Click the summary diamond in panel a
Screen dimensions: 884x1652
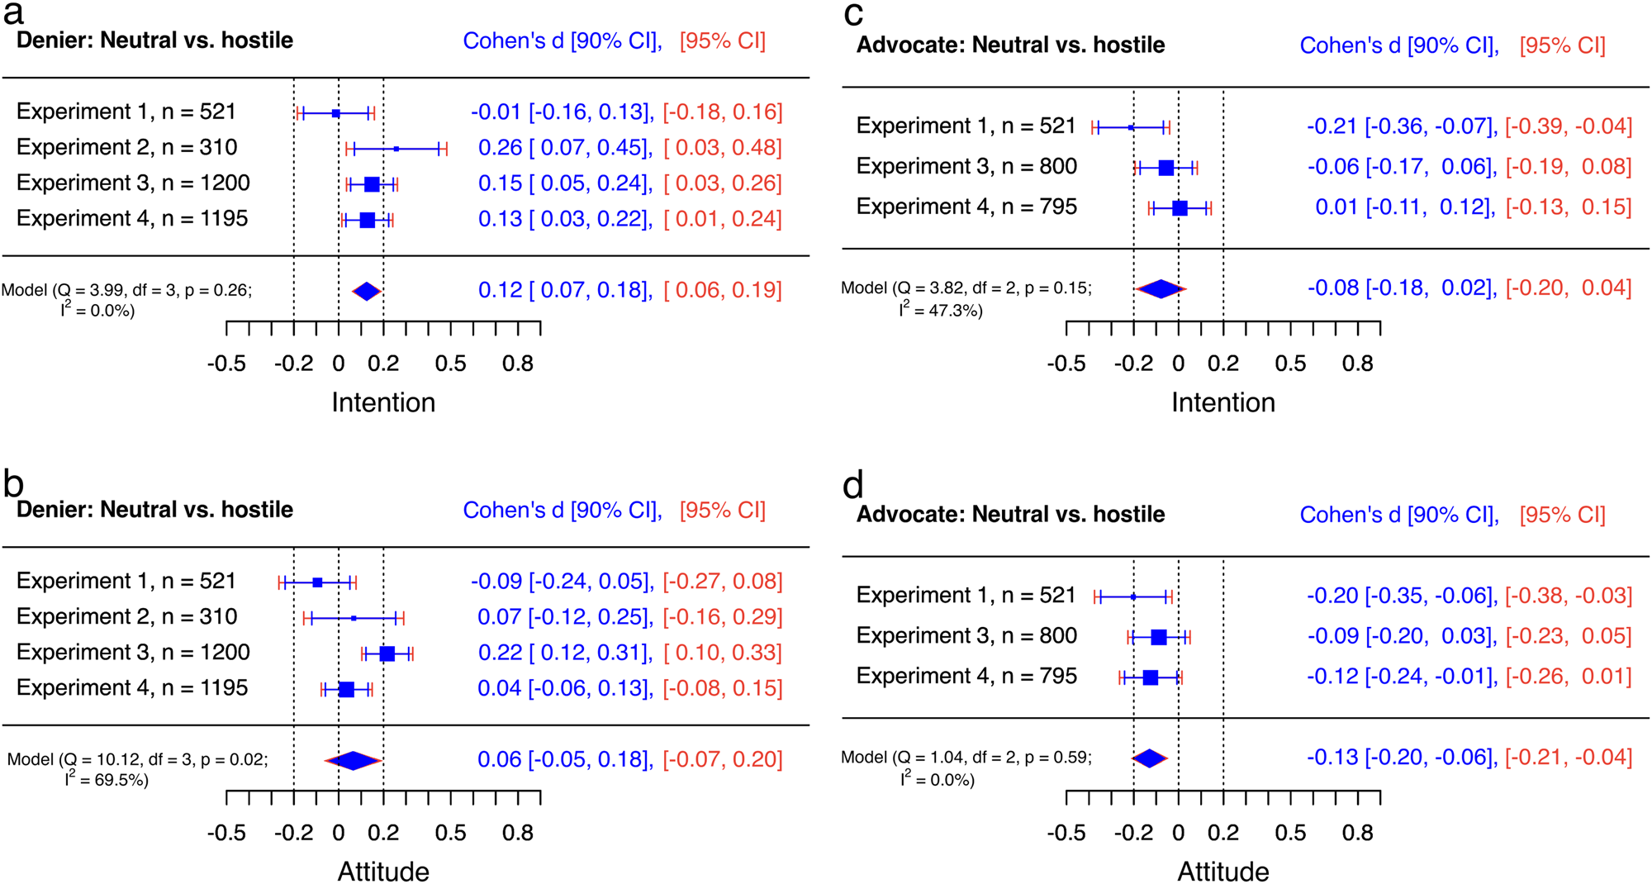[x=366, y=291]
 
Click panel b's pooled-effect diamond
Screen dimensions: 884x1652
[x=353, y=760]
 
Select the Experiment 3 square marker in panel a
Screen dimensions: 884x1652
[x=372, y=184]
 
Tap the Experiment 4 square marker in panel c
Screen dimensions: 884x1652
[x=1180, y=208]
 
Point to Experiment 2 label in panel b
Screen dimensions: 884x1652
[x=126, y=616]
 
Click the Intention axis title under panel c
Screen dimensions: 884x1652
[x=1222, y=402]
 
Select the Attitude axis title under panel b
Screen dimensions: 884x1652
[x=383, y=871]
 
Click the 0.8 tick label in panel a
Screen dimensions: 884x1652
[x=518, y=364]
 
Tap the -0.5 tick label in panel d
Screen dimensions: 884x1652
[x=1066, y=833]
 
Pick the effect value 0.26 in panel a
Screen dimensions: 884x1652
[x=500, y=148]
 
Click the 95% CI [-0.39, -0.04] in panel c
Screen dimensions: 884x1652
[x=1568, y=126]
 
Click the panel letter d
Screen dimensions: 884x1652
[x=852, y=485]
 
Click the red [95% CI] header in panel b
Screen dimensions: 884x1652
[x=722, y=511]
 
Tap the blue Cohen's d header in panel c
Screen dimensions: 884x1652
[x=1398, y=45]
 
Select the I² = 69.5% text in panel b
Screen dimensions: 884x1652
[x=107, y=780]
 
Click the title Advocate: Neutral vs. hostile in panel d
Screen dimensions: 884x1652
[x=1009, y=515]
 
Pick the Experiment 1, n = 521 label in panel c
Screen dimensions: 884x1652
[x=966, y=126]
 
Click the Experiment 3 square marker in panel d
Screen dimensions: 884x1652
[x=1158, y=637]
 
